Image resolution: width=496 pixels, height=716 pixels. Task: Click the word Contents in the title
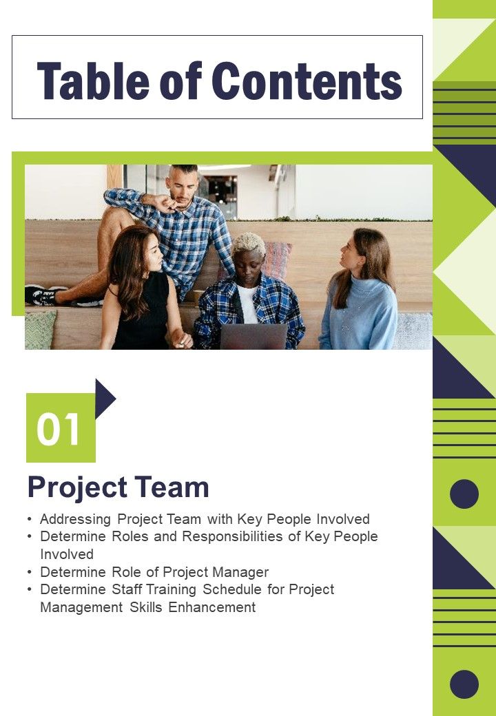307,81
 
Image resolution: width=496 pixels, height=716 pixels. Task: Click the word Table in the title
93,81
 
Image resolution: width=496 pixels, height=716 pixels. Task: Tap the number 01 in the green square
59,430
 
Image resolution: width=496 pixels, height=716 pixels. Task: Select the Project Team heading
118,487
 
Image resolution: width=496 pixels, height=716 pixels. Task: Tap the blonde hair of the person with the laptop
247,243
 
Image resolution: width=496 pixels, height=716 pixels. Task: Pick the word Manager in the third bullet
240,572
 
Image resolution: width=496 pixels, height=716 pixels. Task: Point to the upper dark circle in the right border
464,494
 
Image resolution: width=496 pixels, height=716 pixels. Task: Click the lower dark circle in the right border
464,684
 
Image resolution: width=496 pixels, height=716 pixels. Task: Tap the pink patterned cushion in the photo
277,258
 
